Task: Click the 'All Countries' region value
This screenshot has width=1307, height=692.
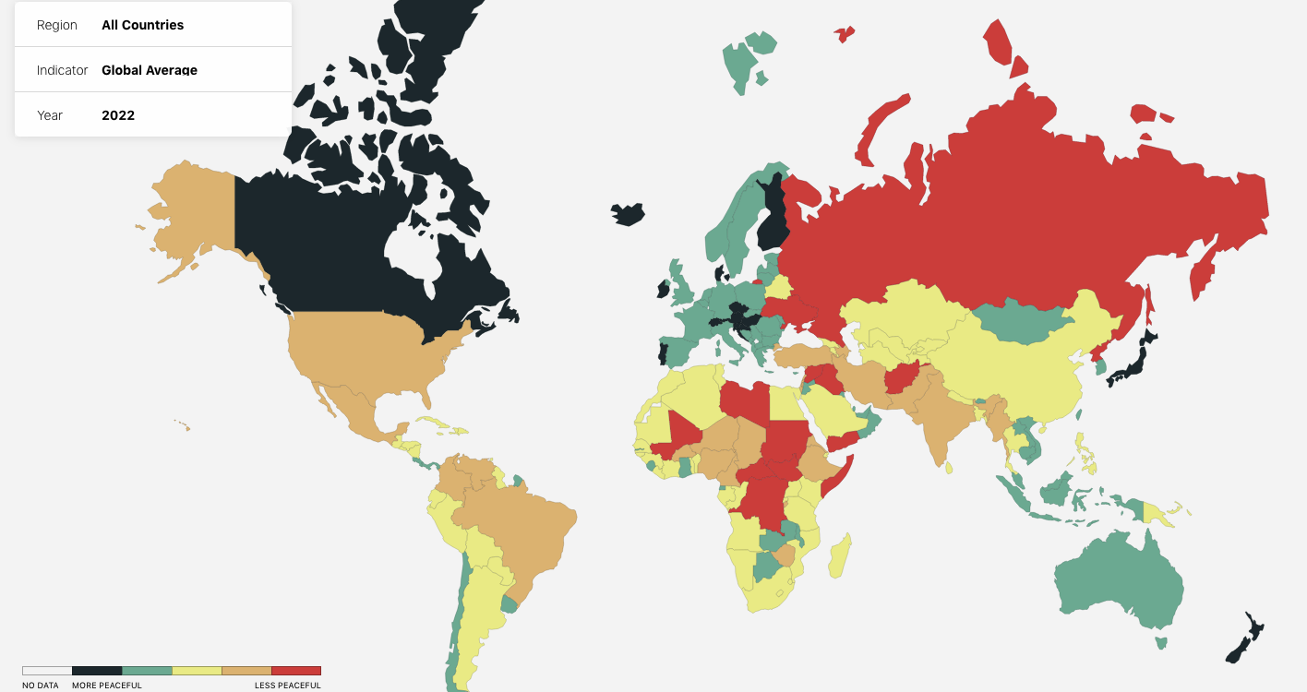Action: pyautogui.click(x=142, y=25)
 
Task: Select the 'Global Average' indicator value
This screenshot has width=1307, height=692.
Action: pyautogui.click(x=149, y=70)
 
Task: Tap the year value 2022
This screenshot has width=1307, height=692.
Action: pyautogui.click(x=118, y=115)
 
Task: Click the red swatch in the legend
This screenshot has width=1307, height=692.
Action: pyautogui.click(x=296, y=671)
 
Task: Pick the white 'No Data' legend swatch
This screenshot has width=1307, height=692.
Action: pyautogui.click(x=47, y=671)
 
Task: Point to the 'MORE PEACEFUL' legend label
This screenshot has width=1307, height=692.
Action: pyautogui.click(x=107, y=686)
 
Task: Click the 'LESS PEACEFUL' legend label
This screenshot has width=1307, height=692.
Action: pyautogui.click(x=288, y=686)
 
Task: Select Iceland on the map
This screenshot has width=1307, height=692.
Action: pyautogui.click(x=629, y=214)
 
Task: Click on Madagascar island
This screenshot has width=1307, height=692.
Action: pyautogui.click(x=840, y=555)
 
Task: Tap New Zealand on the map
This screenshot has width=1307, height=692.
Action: pyautogui.click(x=1247, y=638)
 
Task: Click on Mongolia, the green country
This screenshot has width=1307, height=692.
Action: pyautogui.click(x=1020, y=318)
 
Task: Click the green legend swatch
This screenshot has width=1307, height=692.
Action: pyautogui.click(x=147, y=671)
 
